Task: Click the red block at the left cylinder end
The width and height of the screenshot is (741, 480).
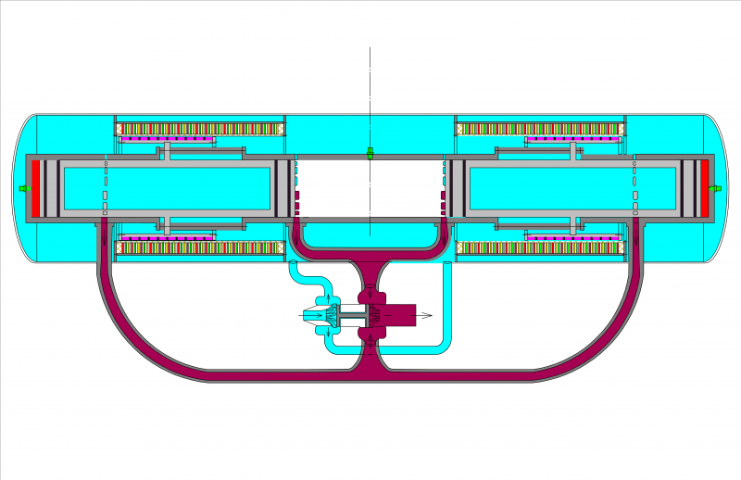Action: (36, 189)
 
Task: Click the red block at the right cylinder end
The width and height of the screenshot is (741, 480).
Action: (704, 189)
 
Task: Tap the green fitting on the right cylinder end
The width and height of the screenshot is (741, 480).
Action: (715, 189)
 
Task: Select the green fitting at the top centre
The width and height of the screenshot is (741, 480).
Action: (370, 153)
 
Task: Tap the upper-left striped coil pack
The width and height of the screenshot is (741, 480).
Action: (200, 128)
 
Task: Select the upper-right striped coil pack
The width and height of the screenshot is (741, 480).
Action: (539, 128)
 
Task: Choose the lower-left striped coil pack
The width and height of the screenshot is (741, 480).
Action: (200, 247)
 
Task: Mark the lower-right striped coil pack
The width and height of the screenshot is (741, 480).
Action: (539, 247)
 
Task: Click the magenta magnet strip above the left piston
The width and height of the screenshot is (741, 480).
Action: (167, 140)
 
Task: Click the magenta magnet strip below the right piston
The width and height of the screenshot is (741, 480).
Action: (572, 237)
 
